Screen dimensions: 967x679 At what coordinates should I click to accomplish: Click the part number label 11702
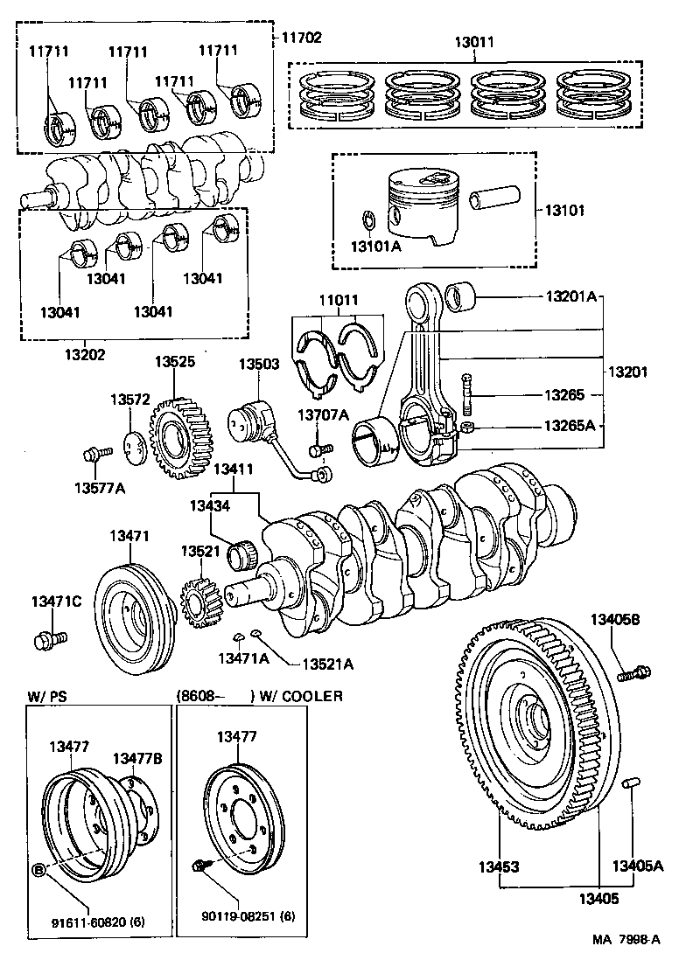302,38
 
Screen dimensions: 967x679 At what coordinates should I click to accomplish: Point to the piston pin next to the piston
497,200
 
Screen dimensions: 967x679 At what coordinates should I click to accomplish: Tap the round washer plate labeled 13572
132,444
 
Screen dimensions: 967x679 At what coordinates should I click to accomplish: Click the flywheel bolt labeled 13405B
633,673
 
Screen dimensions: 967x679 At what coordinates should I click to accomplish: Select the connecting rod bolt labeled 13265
468,395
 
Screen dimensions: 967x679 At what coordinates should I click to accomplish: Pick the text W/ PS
47,696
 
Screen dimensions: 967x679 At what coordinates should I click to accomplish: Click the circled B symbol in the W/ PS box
38,869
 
